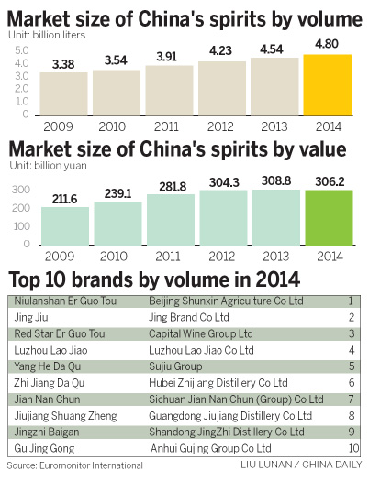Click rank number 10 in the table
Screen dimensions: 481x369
352,449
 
